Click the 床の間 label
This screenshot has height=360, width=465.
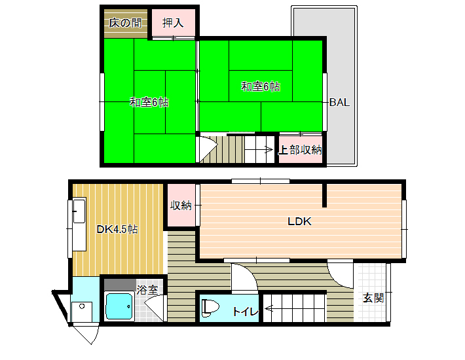point(125,23)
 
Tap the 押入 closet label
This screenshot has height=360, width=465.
point(173,23)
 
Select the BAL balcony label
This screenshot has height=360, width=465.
point(339,102)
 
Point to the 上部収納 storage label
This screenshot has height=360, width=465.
point(300,150)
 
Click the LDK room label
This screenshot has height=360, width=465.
point(299,221)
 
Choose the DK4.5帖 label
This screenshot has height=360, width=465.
point(117,229)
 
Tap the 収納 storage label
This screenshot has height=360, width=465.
point(181,206)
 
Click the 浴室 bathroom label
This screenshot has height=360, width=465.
point(147,289)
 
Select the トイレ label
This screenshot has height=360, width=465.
point(245,312)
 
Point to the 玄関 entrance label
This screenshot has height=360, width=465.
point(373,298)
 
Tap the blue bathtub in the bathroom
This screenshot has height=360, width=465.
point(119,306)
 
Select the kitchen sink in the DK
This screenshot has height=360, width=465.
point(79,211)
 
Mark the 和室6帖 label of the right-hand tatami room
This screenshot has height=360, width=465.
point(261,87)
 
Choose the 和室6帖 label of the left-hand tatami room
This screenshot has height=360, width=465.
point(149,102)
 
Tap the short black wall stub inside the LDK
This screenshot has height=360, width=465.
point(324,196)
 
